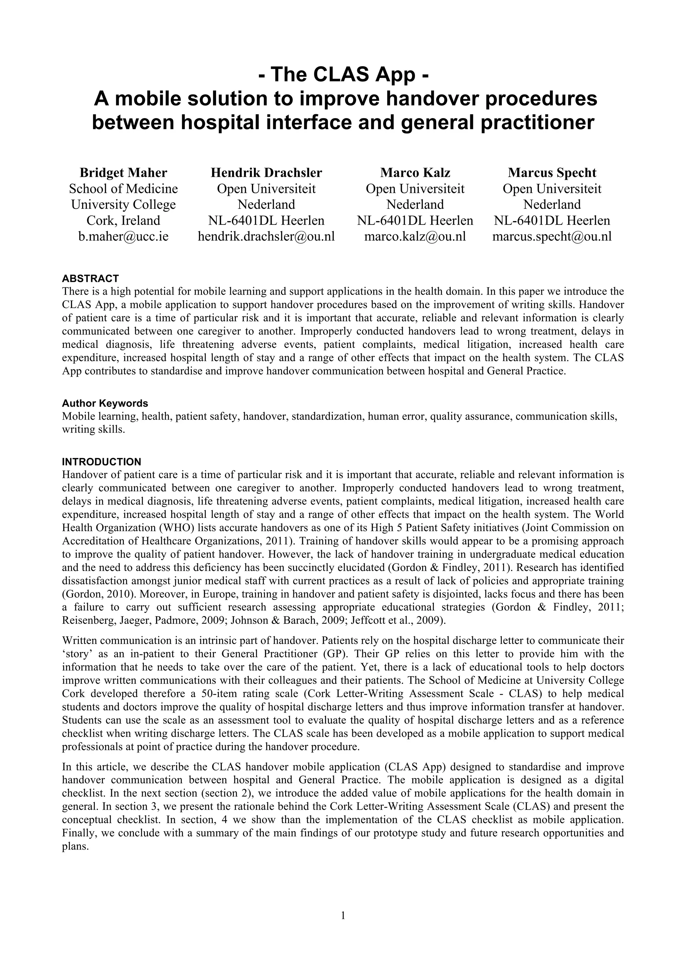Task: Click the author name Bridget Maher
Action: click(x=123, y=173)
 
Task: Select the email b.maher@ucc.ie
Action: click(x=123, y=236)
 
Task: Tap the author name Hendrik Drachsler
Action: click(x=266, y=173)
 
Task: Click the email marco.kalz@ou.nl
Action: click(x=415, y=236)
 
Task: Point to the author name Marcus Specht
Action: click(x=552, y=173)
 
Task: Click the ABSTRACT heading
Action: click(x=90, y=278)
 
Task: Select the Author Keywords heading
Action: click(x=105, y=403)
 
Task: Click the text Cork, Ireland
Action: click(x=123, y=221)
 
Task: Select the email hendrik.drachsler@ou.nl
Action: click(x=266, y=236)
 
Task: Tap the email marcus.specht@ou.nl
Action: click(x=552, y=236)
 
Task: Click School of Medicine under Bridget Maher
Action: click(x=123, y=189)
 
